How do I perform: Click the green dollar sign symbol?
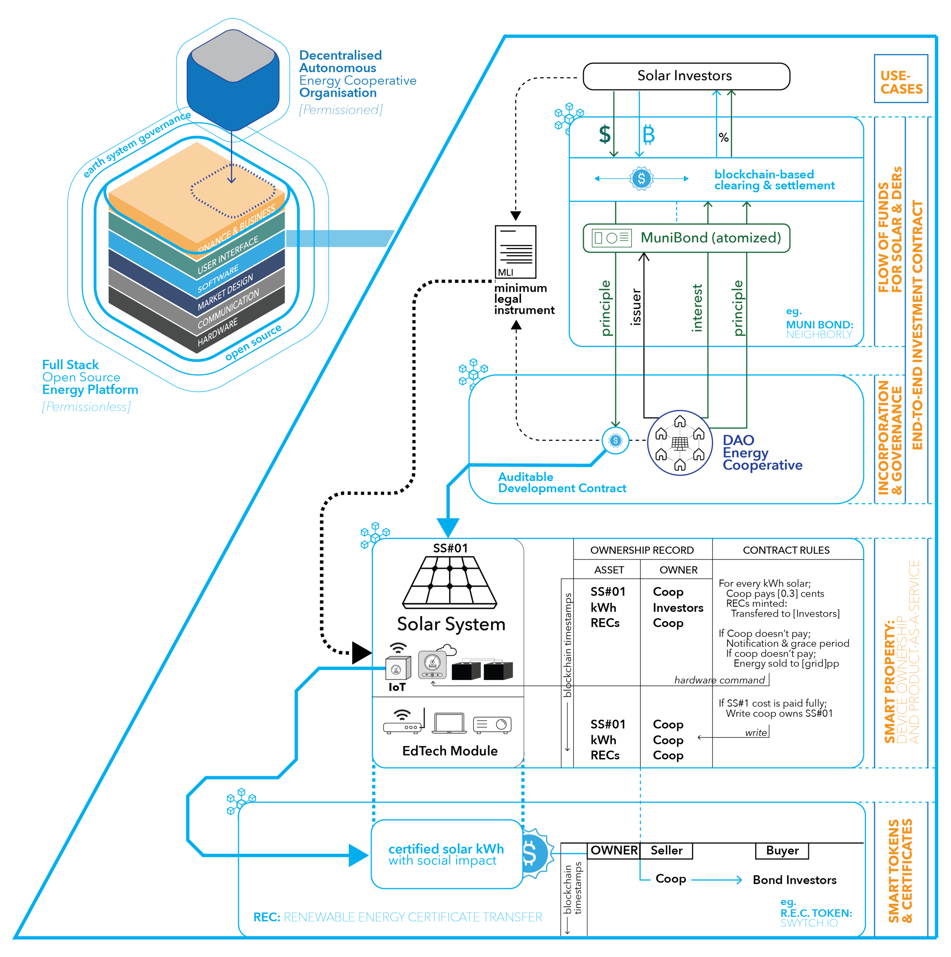click(604, 135)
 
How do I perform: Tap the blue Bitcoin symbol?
click(648, 135)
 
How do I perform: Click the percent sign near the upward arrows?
click(724, 138)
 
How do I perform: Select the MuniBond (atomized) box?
click(687, 238)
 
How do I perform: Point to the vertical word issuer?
click(636, 307)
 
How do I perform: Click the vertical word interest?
click(697, 308)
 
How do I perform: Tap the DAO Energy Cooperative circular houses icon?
click(679, 443)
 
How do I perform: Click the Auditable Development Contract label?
click(562, 482)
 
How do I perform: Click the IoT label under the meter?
click(397, 687)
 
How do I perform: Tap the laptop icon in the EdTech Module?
click(449, 723)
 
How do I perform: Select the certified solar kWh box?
click(446, 854)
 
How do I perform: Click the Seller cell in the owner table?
click(666, 850)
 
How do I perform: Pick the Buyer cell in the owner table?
click(782, 850)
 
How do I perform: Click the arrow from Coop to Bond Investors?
click(716, 880)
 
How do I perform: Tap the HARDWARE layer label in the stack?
click(218, 333)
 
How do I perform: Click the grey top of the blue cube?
click(233, 56)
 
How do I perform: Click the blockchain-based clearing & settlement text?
click(774, 180)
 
